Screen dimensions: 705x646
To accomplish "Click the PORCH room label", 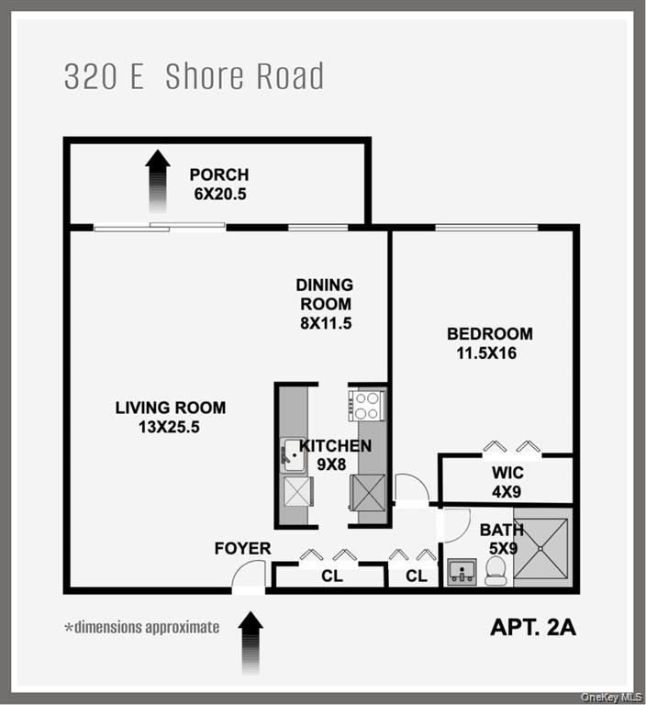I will tap(219, 174).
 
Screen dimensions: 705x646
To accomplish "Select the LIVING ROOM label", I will tap(171, 408).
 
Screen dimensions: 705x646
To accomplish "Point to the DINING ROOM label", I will tap(324, 295).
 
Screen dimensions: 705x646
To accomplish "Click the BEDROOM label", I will tap(489, 333).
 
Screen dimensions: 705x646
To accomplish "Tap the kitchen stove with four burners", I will tap(367, 404).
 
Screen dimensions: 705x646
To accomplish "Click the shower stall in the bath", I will tap(540, 549).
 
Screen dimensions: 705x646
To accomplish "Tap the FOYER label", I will tap(242, 549).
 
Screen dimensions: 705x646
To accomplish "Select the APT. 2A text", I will tap(532, 629).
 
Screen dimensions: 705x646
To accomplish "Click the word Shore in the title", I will tap(206, 77).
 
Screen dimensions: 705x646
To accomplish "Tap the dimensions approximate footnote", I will tap(141, 628).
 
